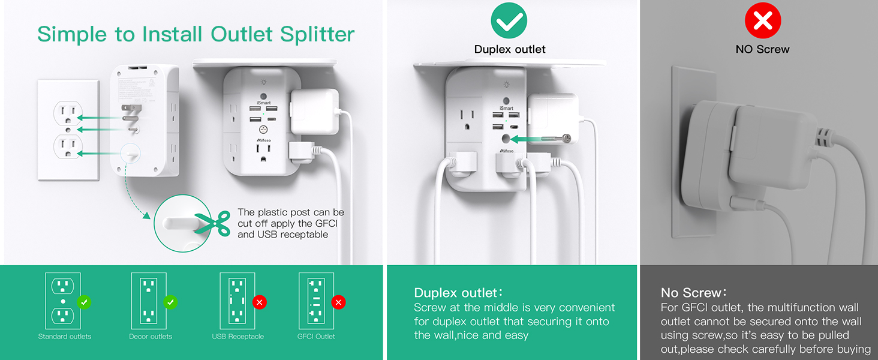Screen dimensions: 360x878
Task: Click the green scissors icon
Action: click(216, 222)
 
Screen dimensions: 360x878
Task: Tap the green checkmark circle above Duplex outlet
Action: click(509, 21)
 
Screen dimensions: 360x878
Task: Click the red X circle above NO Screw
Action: click(762, 21)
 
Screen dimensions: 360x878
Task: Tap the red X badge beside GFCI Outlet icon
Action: click(339, 302)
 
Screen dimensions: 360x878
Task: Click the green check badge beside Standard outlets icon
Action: click(85, 302)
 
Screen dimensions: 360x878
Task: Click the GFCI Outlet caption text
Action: click(316, 337)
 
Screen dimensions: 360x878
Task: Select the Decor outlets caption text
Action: click(151, 337)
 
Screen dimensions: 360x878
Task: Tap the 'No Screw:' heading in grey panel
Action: click(693, 293)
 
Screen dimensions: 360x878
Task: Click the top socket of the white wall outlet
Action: click(68, 112)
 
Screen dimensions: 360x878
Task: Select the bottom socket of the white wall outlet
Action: click(68, 146)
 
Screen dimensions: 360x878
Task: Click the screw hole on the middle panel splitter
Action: click(508, 139)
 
